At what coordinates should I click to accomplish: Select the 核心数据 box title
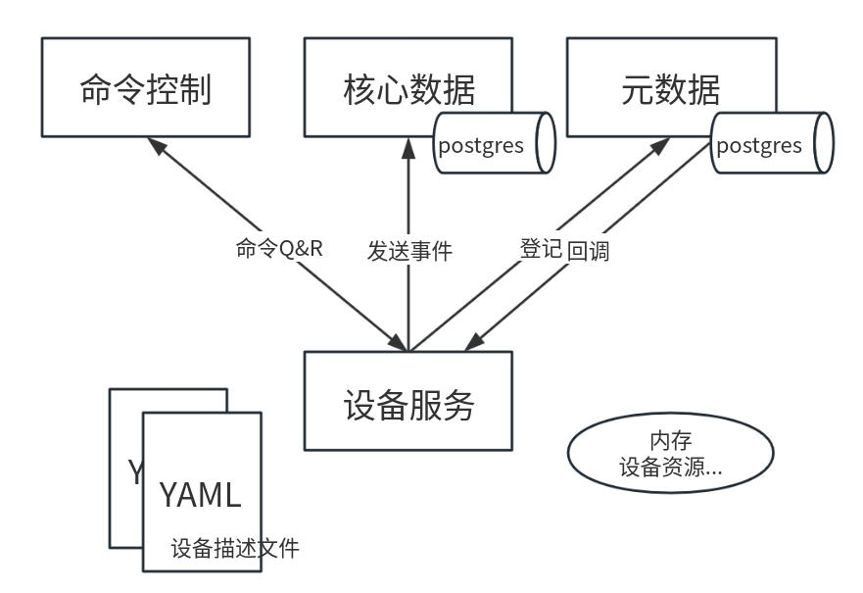click(408, 89)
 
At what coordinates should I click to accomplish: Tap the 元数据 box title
click(670, 89)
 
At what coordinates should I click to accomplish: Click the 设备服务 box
click(408, 403)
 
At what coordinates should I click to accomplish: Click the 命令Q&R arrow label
click(279, 248)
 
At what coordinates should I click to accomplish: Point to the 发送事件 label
click(409, 250)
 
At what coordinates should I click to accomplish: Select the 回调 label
click(588, 250)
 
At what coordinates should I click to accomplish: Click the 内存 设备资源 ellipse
click(670, 454)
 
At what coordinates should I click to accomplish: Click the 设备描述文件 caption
click(235, 548)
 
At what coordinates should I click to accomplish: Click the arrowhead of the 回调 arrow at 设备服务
click(473, 343)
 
